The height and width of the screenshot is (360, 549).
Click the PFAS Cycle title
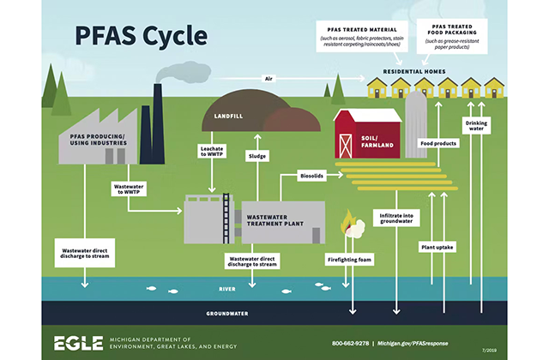tap(141, 35)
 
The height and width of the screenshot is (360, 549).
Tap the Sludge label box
tap(258, 157)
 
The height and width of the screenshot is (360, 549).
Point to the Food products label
tap(437, 142)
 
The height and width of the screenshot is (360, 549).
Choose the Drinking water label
tap(477, 127)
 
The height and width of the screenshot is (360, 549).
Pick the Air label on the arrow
tap(269, 79)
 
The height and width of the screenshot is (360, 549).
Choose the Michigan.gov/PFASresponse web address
tap(419, 343)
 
